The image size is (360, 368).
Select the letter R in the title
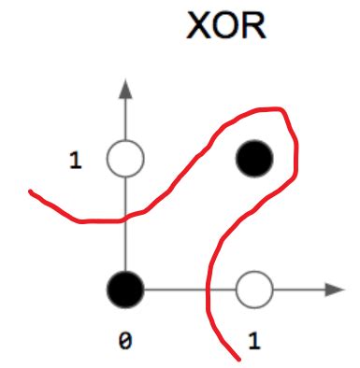pyautogui.click(x=253, y=26)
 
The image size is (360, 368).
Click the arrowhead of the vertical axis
pyautogui.click(x=125, y=90)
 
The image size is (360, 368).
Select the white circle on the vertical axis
pyautogui.click(x=125, y=159)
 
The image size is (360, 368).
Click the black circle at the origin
pyautogui.click(x=125, y=290)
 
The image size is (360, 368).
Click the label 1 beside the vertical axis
pyautogui.click(x=76, y=160)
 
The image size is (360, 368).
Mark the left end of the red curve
pyautogui.click(x=32, y=193)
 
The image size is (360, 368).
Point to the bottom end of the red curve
pyautogui.click(x=234, y=358)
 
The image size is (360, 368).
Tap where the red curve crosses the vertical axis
pyautogui.click(x=125, y=219)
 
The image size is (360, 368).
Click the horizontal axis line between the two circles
pyautogui.click(x=178, y=290)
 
